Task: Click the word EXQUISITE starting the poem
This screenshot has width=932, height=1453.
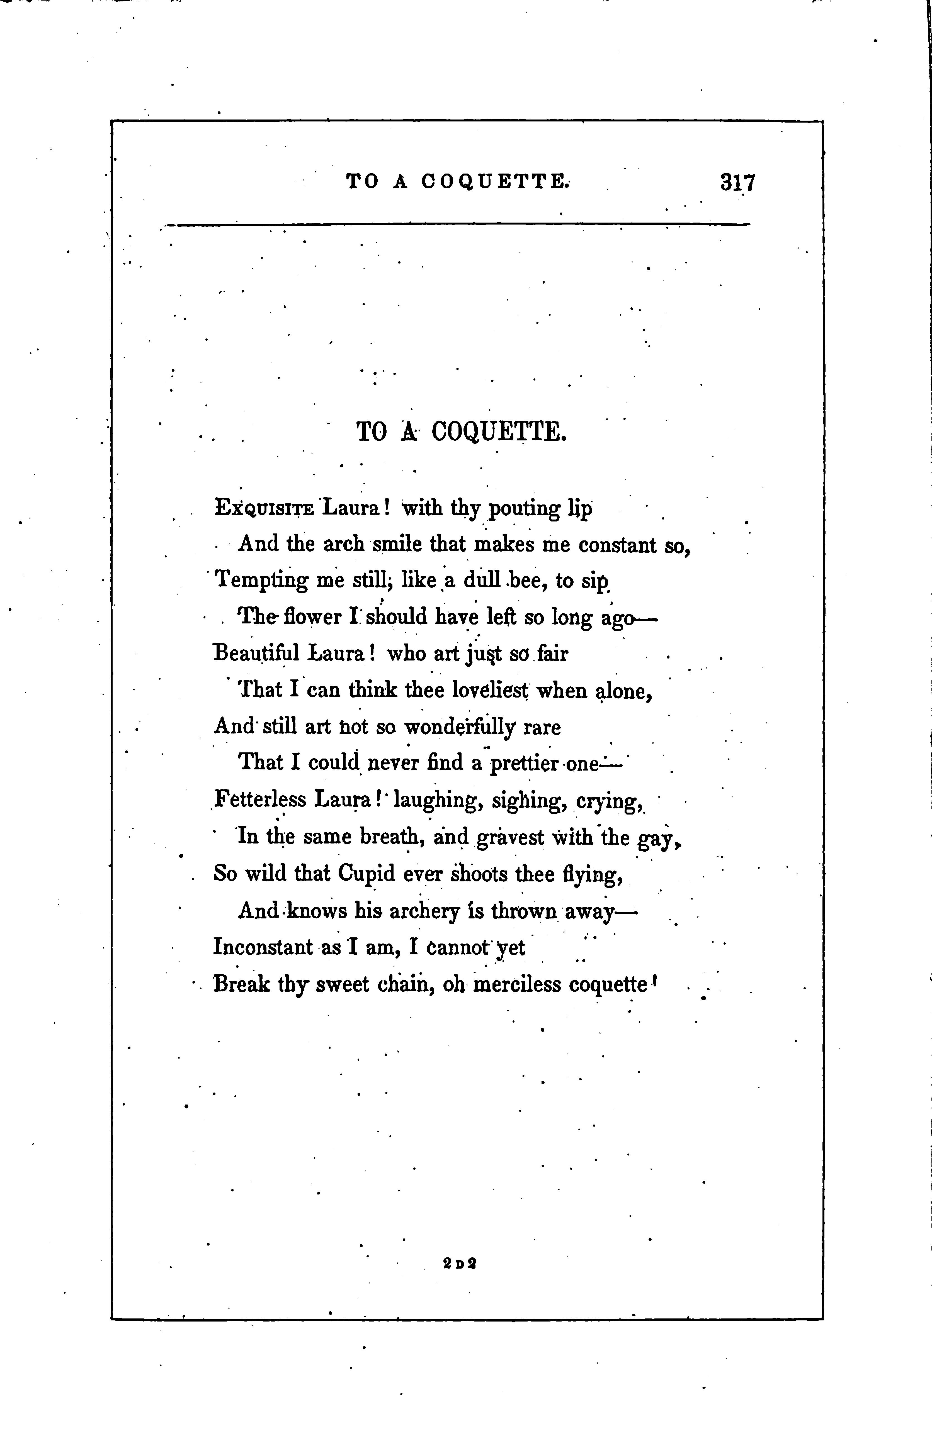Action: (x=264, y=508)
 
